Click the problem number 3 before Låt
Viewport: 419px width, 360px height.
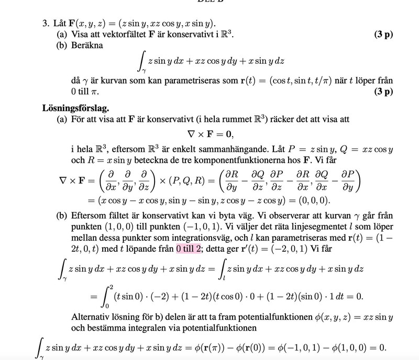pyautogui.click(x=45, y=24)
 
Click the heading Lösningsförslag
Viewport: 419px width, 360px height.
pyautogui.click(x=75, y=108)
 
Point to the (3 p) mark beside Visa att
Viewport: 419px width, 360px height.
pyautogui.click(x=384, y=35)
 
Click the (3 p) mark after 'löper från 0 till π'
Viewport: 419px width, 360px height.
pyautogui.click(x=384, y=92)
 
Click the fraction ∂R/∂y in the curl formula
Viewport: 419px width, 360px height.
pyautogui.click(x=235, y=180)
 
